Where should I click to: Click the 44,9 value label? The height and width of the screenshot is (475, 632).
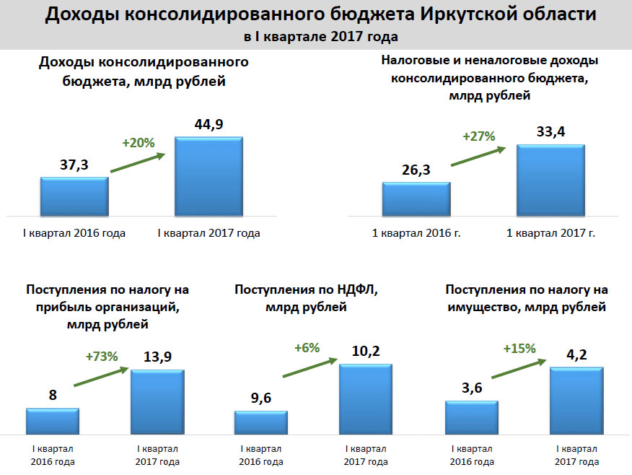tap(209, 125)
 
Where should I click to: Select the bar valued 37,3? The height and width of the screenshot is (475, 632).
tap(74, 196)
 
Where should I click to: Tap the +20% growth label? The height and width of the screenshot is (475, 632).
tap(139, 143)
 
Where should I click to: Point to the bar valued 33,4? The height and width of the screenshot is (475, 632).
tap(550, 180)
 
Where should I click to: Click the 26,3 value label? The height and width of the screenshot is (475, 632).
tap(416, 171)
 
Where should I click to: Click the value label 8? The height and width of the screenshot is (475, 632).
tap(53, 396)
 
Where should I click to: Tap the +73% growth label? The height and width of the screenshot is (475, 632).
tap(101, 357)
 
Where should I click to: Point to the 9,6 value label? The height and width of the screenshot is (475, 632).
tap(260, 398)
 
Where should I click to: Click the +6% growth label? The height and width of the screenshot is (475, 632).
tap(307, 347)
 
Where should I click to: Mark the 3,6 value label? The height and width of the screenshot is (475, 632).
tap(471, 388)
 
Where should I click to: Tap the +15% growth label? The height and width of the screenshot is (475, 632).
tap(519, 348)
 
